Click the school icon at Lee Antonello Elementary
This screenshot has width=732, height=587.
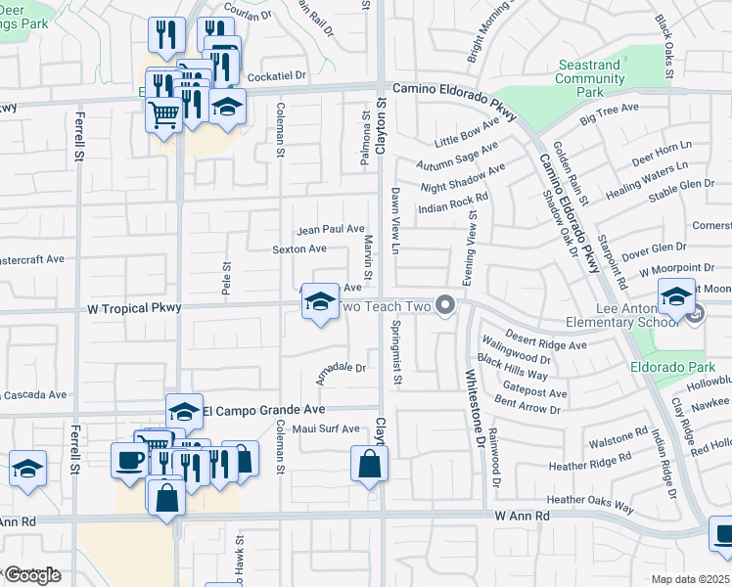coord(676,294)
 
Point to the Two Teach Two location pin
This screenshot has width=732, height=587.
coord(446,306)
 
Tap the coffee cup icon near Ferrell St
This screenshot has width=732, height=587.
coord(129,459)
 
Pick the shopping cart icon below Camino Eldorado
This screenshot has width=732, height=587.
coord(162,113)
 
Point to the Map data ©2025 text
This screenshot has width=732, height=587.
coord(691,579)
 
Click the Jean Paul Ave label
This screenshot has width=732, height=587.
coord(331,229)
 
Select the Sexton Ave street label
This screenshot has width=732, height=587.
coord(299,249)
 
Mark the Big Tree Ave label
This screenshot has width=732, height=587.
coord(609,113)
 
